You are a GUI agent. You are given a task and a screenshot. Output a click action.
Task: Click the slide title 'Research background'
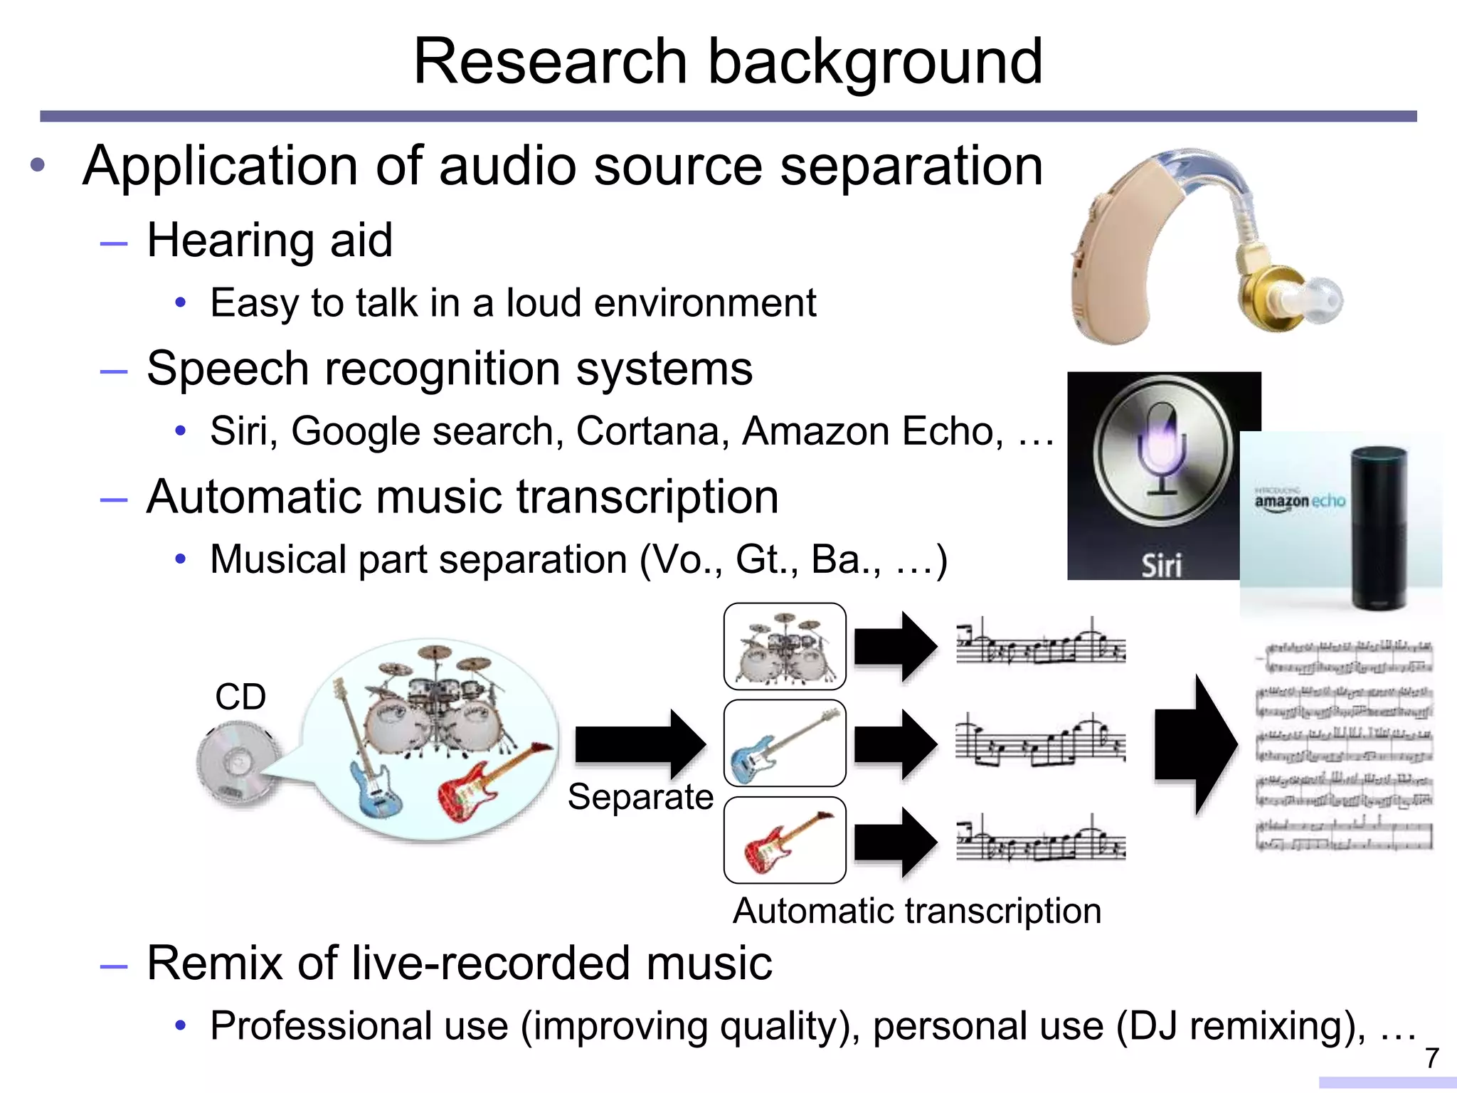(x=728, y=62)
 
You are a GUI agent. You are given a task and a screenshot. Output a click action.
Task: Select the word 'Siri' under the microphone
(x=1161, y=566)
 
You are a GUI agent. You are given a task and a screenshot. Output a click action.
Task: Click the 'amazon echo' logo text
(x=1300, y=501)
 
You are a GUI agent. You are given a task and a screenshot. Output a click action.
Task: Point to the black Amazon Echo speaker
(x=1379, y=527)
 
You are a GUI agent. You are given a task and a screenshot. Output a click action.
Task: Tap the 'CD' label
(x=240, y=697)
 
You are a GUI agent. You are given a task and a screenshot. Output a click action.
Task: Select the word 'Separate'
(x=640, y=796)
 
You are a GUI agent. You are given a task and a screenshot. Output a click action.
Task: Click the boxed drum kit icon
(x=785, y=646)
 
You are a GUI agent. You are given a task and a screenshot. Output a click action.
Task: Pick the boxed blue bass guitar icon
(x=785, y=744)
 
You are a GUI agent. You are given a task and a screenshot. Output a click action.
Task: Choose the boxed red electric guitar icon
(x=785, y=840)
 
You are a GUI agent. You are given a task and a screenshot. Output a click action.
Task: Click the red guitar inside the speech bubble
(x=491, y=783)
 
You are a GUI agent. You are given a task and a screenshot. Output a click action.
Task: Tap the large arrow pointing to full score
(x=1195, y=744)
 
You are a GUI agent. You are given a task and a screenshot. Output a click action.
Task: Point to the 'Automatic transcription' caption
(x=917, y=911)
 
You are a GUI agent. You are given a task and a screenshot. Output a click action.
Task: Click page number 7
(x=1431, y=1058)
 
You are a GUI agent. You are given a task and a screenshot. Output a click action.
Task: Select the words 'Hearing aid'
(x=270, y=240)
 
